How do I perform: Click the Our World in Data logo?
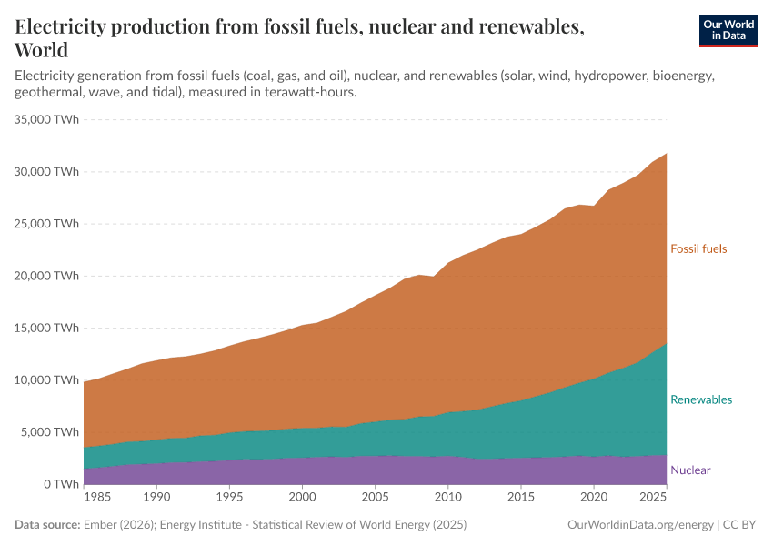pyautogui.click(x=728, y=30)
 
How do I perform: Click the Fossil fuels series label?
pyautogui.click(x=698, y=248)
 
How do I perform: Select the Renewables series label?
pyautogui.click(x=700, y=399)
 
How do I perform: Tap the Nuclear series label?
pyautogui.click(x=690, y=470)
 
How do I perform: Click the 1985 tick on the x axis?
pyautogui.click(x=98, y=499)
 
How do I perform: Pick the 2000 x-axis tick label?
pyautogui.click(x=302, y=499)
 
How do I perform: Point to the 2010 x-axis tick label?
pyautogui.click(x=447, y=499)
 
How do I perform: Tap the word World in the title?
pyautogui.click(x=42, y=50)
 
